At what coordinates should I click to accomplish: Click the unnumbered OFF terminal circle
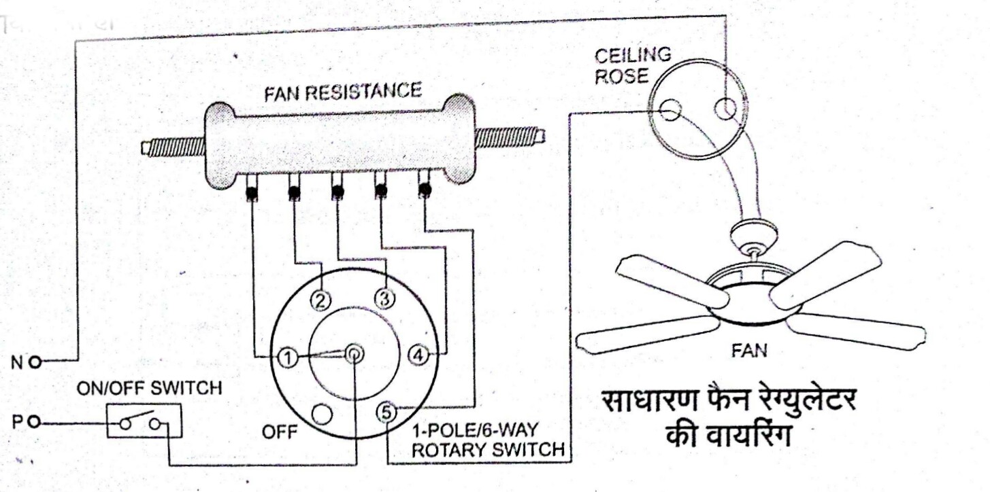click(322, 412)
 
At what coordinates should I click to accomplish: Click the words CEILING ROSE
click(631, 65)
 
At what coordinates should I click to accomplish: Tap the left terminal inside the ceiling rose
click(670, 109)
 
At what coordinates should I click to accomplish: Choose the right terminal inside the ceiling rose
click(725, 109)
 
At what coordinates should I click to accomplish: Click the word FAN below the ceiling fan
click(749, 351)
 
